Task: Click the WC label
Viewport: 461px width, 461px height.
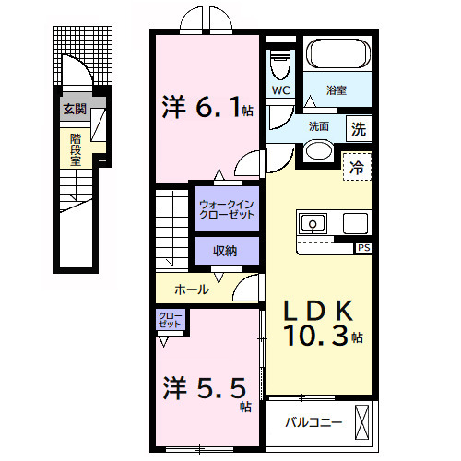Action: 281,90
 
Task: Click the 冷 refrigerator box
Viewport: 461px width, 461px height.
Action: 356,168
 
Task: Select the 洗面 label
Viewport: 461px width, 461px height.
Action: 319,125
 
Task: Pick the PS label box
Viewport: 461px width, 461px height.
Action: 363,248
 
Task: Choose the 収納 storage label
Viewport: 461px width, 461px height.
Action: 225,252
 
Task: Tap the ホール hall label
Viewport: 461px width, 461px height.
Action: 192,290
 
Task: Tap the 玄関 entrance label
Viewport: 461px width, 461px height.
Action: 74,110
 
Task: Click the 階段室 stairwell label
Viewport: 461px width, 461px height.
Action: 75,148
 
